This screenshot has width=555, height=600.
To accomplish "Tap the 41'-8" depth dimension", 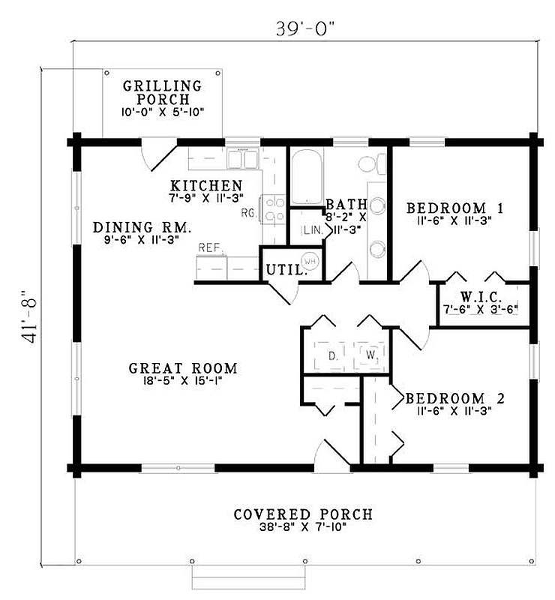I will coord(29,316).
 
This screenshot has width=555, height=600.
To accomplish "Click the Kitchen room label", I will coord(206,185).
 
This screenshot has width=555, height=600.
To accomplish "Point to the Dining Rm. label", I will coord(142,226).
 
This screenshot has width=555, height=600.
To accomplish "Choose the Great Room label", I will coord(183,368).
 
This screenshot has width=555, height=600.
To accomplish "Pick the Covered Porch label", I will coord(303,514).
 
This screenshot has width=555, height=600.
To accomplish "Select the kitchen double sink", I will coord(242,159).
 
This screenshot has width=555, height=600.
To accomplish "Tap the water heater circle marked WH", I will coord(310,261).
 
